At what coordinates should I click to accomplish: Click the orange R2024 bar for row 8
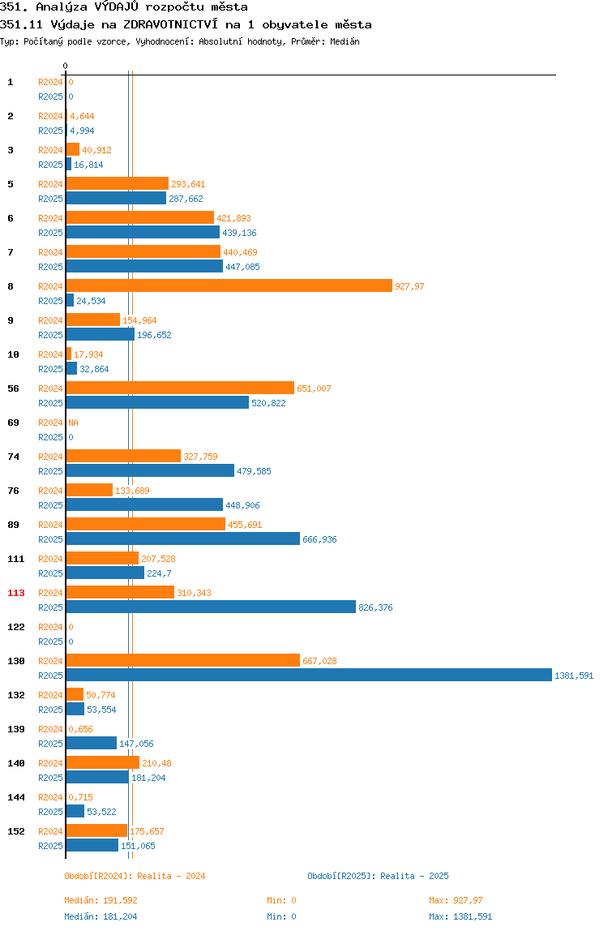[x=229, y=286]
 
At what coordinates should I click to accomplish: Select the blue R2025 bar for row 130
[x=310, y=675]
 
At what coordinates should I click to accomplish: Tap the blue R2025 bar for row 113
[x=211, y=607]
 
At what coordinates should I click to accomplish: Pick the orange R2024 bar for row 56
[x=181, y=388]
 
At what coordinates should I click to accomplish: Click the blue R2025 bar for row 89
[x=183, y=538]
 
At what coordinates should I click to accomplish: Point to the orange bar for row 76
[x=90, y=490]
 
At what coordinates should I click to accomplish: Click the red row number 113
[x=16, y=593]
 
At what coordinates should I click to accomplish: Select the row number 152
[x=16, y=831]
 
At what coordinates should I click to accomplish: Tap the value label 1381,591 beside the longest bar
[x=574, y=676]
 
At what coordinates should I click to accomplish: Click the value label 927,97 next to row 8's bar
[x=409, y=286]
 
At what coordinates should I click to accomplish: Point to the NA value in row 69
[x=73, y=423]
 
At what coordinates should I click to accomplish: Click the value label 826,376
[x=375, y=607]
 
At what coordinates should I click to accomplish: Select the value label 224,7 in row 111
[x=159, y=573]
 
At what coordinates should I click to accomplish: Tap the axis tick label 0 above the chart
[x=66, y=66]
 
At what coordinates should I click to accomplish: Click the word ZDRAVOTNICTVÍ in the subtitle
[x=170, y=24]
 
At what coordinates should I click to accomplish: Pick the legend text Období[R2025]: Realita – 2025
[x=379, y=876]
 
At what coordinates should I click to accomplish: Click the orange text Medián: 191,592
[x=101, y=900]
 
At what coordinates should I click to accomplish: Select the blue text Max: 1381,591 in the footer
[x=460, y=916]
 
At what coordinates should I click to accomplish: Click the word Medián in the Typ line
[x=345, y=41]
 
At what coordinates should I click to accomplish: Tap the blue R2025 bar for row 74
[x=150, y=470]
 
